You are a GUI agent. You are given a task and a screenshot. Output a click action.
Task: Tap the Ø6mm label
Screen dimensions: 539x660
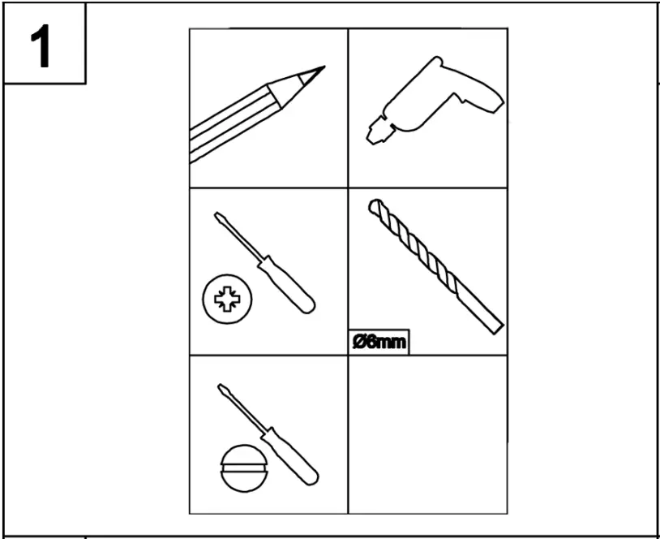click(379, 343)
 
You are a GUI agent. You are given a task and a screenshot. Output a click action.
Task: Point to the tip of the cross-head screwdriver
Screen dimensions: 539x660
click(217, 215)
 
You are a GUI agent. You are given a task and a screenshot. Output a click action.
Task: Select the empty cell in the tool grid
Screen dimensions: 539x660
click(427, 433)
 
